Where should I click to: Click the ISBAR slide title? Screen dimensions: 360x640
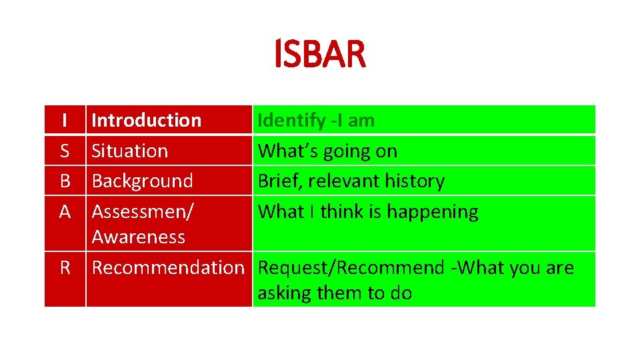[320, 55]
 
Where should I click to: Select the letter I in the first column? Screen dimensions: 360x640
[64, 121]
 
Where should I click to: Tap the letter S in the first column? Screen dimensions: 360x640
[64, 151]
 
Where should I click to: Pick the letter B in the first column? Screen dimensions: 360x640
[64, 181]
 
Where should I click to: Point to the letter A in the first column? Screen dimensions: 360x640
[64, 212]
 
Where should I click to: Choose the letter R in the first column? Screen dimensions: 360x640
[64, 268]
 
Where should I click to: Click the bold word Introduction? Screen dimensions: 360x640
[146, 121]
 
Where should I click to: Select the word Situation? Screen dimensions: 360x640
[129, 151]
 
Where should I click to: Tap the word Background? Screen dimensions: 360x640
[142, 181]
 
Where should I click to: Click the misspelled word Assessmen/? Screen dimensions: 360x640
[143, 212]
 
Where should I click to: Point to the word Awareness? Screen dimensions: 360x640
[138, 237]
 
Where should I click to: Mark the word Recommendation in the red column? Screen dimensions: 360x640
[168, 268]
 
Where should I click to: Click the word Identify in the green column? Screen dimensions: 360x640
[291, 121]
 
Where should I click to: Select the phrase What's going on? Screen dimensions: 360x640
[327, 151]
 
